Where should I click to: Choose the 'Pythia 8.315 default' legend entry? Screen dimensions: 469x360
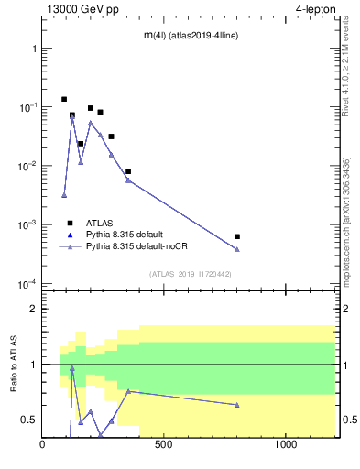[x=127, y=234]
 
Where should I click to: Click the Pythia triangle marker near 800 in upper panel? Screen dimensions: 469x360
[x=237, y=249]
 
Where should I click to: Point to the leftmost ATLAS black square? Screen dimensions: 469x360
[x=64, y=99]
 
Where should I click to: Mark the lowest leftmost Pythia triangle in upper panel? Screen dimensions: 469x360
[x=64, y=195]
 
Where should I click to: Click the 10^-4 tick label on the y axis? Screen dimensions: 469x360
[x=26, y=284]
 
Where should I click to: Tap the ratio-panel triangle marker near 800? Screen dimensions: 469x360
[x=237, y=405]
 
